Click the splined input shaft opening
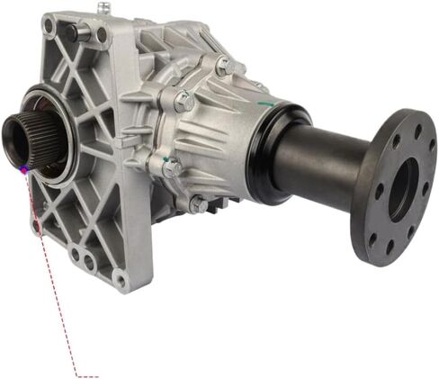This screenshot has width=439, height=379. coord(20,135)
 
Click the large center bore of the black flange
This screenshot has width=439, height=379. coord(402,189)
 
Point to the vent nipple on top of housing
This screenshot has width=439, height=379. coord(104,8)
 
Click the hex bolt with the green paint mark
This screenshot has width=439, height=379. coord(172,167)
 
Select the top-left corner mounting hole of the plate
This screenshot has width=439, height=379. coord(49,26)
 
